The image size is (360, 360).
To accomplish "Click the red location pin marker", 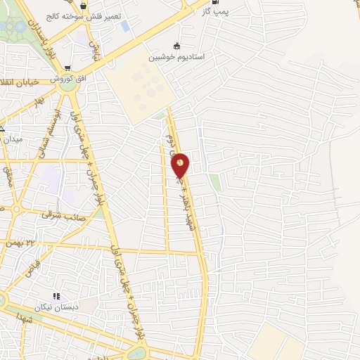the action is (181, 165).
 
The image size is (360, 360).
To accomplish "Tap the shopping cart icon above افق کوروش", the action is (67, 69).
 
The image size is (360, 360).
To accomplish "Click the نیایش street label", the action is (91, 47).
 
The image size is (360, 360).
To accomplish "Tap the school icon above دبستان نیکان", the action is (56, 297).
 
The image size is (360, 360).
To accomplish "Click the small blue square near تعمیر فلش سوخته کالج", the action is (124, 26).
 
